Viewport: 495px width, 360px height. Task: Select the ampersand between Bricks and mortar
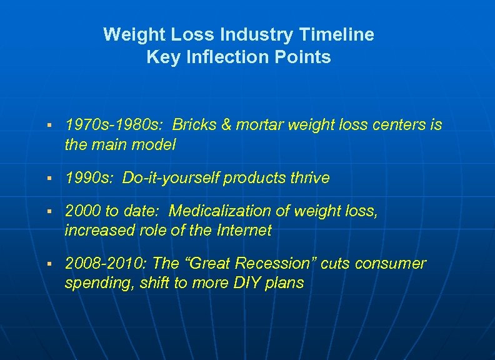point(226,125)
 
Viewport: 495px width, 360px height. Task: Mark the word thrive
point(308,178)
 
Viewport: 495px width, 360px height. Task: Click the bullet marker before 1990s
point(49,179)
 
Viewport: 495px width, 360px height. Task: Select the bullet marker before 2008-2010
point(49,264)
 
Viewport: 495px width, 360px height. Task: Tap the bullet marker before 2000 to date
point(49,212)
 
